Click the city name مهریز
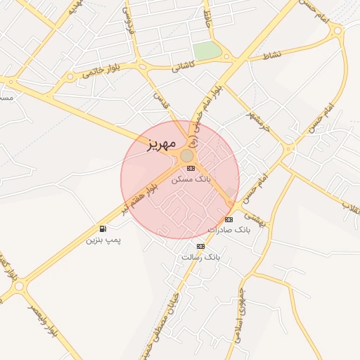pos(160,146)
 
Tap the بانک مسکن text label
pos(191,180)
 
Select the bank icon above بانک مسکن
pos(191,167)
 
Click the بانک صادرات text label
pos(229,230)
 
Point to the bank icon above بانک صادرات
pos(229,219)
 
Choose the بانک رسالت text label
pos(200,257)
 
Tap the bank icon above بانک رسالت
pos(200,246)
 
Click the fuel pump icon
pos(103,229)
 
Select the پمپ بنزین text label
pos(103,240)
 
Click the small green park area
pos(207,51)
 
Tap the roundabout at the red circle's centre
pos(187,155)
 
